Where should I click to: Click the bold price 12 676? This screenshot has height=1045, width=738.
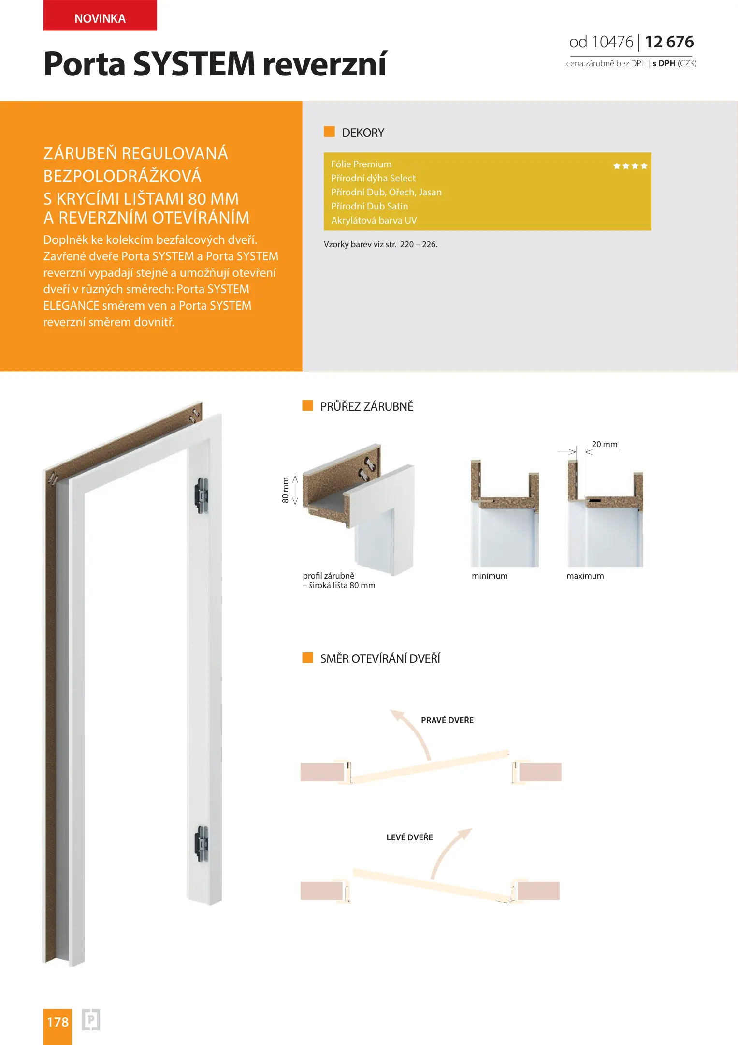click(x=669, y=42)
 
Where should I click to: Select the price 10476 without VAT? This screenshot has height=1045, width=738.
click(x=612, y=42)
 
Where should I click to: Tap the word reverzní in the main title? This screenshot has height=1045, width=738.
click(x=324, y=64)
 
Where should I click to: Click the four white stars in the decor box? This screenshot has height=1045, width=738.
click(x=630, y=166)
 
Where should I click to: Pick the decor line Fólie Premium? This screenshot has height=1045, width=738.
click(x=362, y=164)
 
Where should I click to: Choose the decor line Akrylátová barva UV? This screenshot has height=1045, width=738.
click(x=374, y=221)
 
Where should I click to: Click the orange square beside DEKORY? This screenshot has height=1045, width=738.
click(x=329, y=132)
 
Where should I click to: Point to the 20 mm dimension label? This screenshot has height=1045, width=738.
click(x=605, y=444)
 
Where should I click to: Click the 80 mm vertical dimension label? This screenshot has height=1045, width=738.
click(x=285, y=490)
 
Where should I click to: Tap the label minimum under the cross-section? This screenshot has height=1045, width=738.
click(x=490, y=576)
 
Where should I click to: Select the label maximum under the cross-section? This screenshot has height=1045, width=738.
click(x=585, y=576)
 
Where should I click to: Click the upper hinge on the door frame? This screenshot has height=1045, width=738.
click(x=202, y=495)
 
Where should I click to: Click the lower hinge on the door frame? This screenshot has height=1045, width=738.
click(x=202, y=844)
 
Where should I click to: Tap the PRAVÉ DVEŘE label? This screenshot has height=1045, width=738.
click(x=447, y=720)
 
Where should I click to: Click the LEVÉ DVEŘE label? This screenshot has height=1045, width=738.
click(x=409, y=837)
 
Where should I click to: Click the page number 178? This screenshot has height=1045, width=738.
click(x=58, y=1022)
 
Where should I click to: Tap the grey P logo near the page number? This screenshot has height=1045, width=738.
click(x=91, y=1020)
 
